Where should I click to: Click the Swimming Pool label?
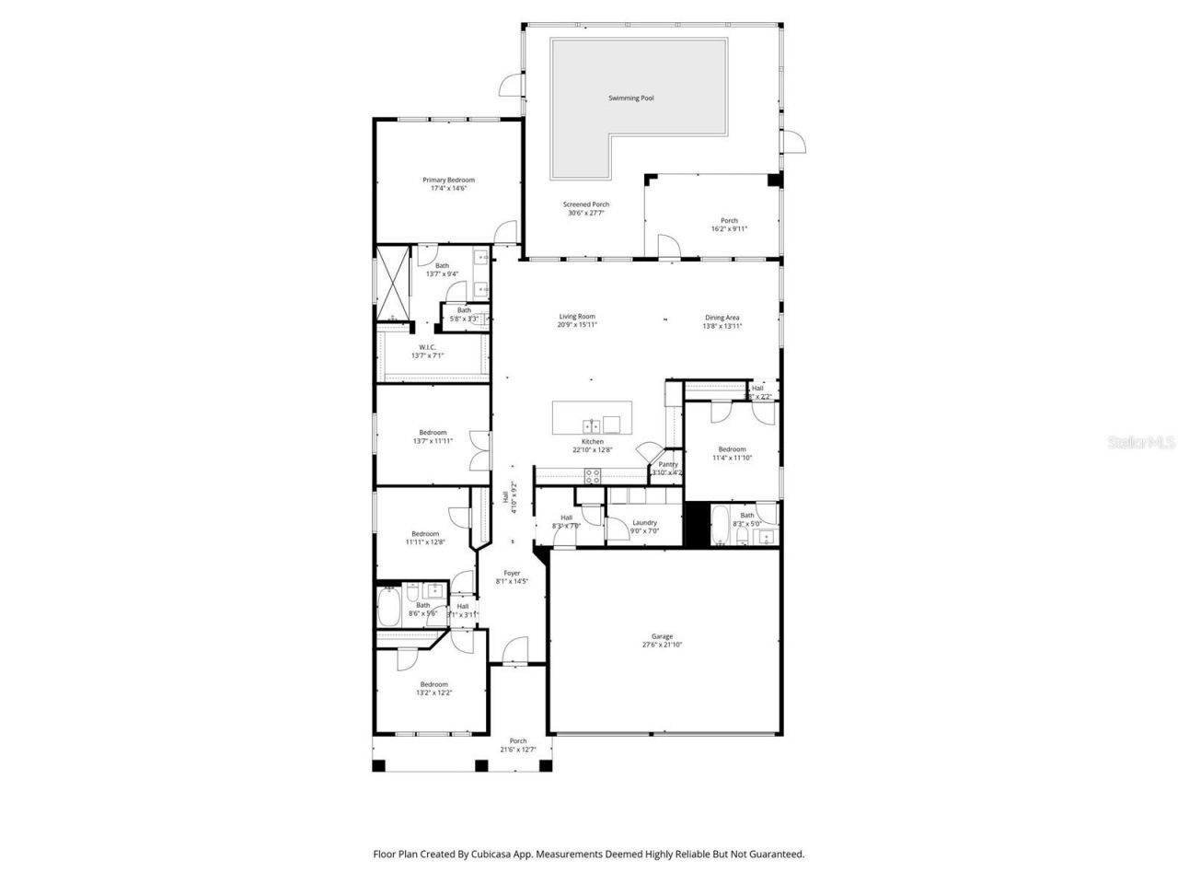pos(630,98)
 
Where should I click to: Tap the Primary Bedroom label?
pos(448,180)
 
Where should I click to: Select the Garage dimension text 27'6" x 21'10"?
pos(662,646)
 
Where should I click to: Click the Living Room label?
pos(577,317)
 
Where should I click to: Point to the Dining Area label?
pos(722,317)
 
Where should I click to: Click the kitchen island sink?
pos(593,425)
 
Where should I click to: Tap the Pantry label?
pos(668,464)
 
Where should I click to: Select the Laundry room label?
pos(644,522)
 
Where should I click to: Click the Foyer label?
pos(512,573)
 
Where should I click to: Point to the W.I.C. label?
pos(414,347)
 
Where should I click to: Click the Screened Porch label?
pos(586,204)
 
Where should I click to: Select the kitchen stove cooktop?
pos(594,476)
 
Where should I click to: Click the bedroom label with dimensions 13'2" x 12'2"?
pos(433,684)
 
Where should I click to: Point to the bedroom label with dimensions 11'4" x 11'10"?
pos(732,449)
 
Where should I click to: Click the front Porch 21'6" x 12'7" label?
pos(518,741)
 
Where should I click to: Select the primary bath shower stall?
pos(393,283)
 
